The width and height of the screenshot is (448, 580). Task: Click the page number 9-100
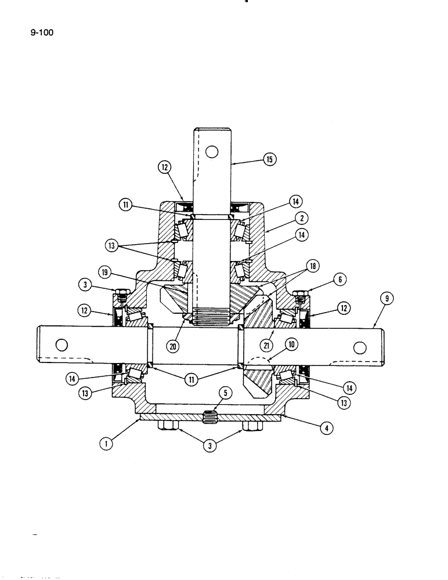pos(41,32)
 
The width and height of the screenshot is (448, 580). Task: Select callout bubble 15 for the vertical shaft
pos(269,158)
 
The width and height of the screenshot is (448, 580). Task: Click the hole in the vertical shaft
pos(212,152)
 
